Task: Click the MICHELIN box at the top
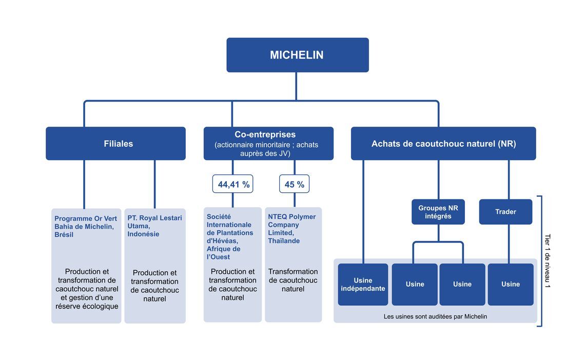coord(297,55)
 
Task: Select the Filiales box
coord(115,144)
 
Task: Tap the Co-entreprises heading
coord(265,134)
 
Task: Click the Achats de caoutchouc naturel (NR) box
coord(443,144)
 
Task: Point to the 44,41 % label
coord(233,184)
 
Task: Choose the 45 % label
coord(295,184)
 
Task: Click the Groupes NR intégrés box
coord(438,212)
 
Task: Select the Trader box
coord(505,212)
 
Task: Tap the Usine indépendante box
coord(363,284)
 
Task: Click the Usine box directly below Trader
coord(511,284)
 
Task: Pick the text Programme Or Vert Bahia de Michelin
coord(85,223)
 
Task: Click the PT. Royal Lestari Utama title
coord(154,222)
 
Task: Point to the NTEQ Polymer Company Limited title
coord(292,225)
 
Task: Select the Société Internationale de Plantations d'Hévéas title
coord(230,228)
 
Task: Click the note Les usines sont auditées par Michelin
coord(435,316)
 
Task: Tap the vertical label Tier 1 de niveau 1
coord(548,261)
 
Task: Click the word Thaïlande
coord(284,241)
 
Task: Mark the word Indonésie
coord(143,234)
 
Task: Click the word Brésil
coord(64,235)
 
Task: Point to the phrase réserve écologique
coord(87,306)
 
